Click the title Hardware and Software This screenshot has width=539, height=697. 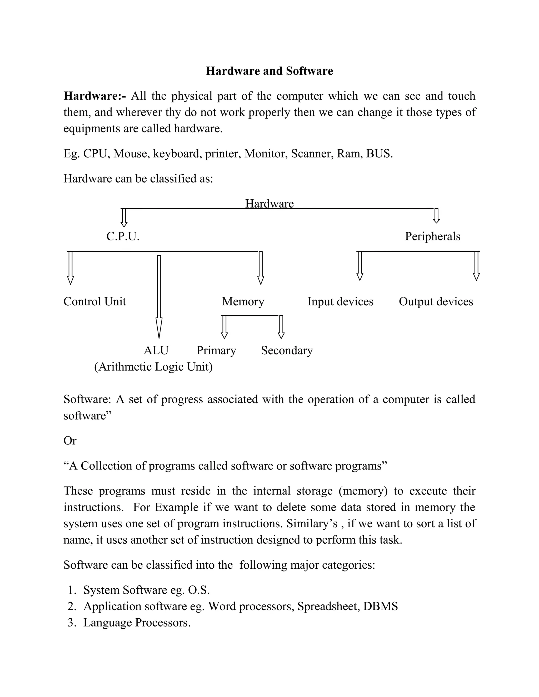[x=269, y=71]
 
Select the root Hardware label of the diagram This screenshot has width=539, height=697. [x=269, y=203]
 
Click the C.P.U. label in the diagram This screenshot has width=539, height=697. [x=123, y=236]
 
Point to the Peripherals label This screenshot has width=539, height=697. [x=432, y=236]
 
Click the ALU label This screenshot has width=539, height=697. [x=156, y=350]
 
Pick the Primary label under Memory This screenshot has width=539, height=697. [x=216, y=350]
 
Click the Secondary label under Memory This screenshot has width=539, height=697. [x=287, y=350]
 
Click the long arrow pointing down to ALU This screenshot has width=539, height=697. [x=159, y=297]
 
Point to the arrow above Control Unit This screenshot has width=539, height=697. [x=71, y=268]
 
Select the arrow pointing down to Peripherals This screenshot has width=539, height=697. [x=436, y=216]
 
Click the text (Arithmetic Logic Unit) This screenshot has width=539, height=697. [x=153, y=367]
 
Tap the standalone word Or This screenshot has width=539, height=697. [x=70, y=441]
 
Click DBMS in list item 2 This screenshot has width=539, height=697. [x=380, y=606]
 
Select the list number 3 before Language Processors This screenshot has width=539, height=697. [x=72, y=622]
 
